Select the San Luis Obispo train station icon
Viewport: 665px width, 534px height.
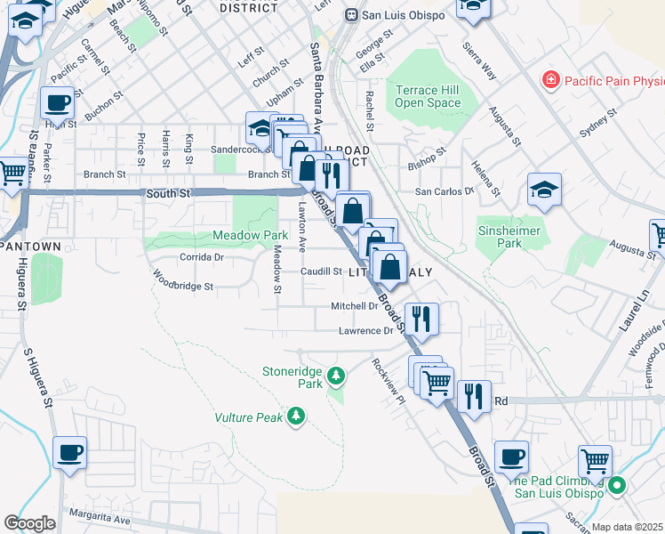352,14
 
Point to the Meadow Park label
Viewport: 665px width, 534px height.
250,236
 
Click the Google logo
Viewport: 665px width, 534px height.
30,523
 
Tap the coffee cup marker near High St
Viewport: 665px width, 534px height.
58,103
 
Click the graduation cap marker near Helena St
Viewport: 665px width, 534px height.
544,190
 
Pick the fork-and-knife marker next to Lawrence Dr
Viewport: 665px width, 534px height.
421,319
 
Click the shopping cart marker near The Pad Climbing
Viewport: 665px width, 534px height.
595,461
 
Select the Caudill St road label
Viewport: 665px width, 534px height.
320,271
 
